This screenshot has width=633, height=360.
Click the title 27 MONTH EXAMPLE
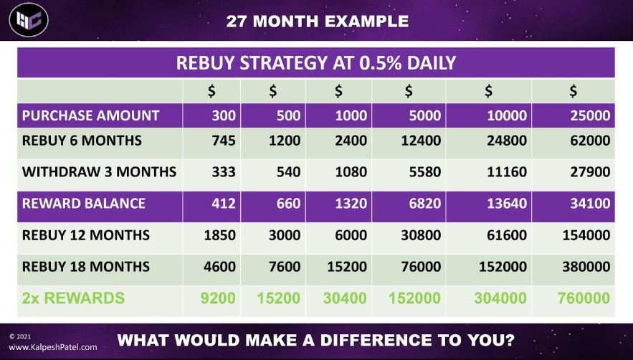317,21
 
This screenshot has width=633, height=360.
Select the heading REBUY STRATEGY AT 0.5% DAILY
316,63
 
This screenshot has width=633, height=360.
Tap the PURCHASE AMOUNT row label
90,115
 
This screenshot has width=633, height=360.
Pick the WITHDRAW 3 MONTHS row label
99,172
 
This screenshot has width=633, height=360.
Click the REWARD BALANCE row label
84,203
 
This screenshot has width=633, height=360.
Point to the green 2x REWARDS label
74,298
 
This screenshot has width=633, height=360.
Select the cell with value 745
224,141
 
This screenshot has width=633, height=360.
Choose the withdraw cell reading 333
224,172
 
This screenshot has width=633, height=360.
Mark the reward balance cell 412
224,203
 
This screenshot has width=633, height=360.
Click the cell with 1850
219,235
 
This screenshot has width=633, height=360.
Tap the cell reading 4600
219,267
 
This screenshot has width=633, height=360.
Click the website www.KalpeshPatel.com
52,347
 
